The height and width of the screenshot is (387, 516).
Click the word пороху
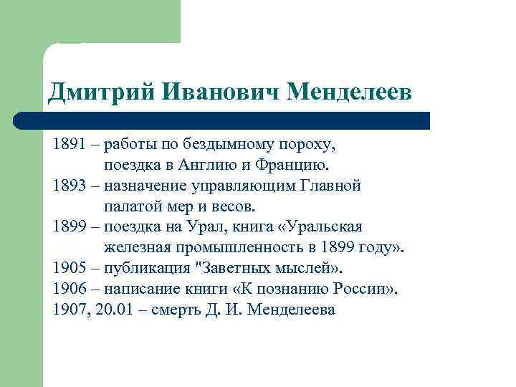[x=309, y=145]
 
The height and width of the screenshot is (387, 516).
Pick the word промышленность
[x=232, y=249]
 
